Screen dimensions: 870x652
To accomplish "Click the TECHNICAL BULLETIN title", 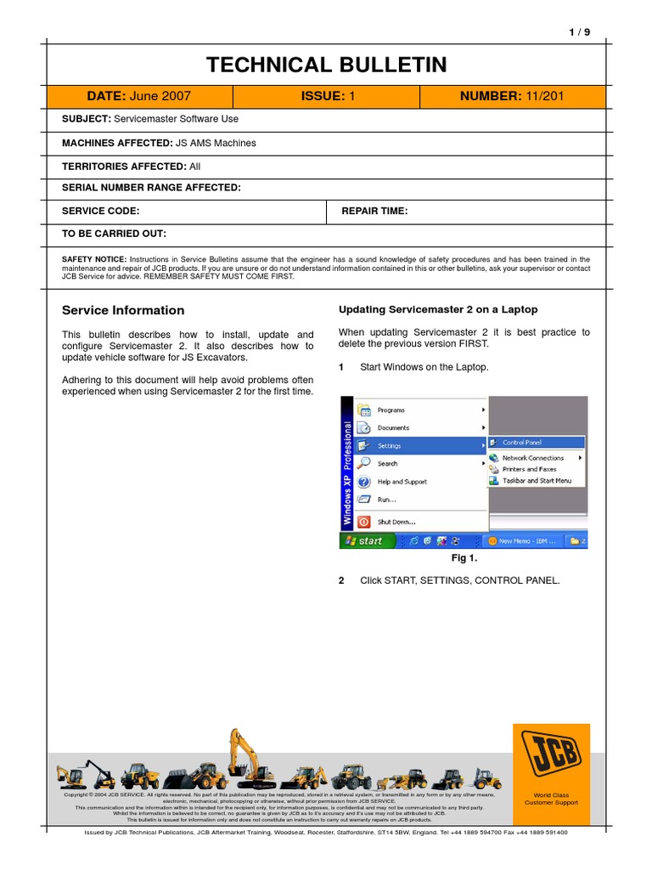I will point(327,65).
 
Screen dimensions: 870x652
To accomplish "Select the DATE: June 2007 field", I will point(138,97).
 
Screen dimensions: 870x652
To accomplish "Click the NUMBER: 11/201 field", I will point(511,97).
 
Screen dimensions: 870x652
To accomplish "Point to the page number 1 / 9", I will point(579,31).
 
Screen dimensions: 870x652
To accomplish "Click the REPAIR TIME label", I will point(374,211).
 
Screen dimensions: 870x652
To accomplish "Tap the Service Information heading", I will point(123,310).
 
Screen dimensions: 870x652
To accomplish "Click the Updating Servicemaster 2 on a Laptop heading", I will point(438,309).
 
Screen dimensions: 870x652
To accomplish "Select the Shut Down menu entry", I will point(396,522).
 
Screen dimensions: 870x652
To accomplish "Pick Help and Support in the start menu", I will point(402,482).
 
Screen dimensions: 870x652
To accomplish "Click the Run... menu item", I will point(386,500).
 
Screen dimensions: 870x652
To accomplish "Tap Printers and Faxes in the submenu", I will point(529,469).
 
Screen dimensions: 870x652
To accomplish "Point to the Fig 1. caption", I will point(464,558).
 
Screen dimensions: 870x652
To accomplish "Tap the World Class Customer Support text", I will point(551,799).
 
